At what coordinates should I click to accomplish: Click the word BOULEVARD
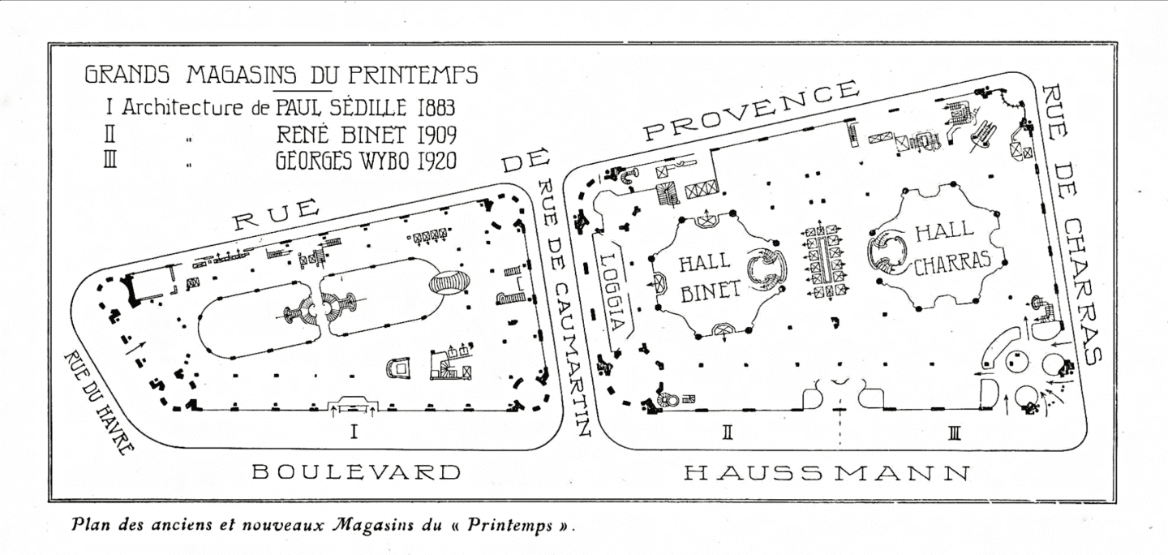click(x=356, y=471)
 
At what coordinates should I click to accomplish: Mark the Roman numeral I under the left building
click(x=353, y=432)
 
